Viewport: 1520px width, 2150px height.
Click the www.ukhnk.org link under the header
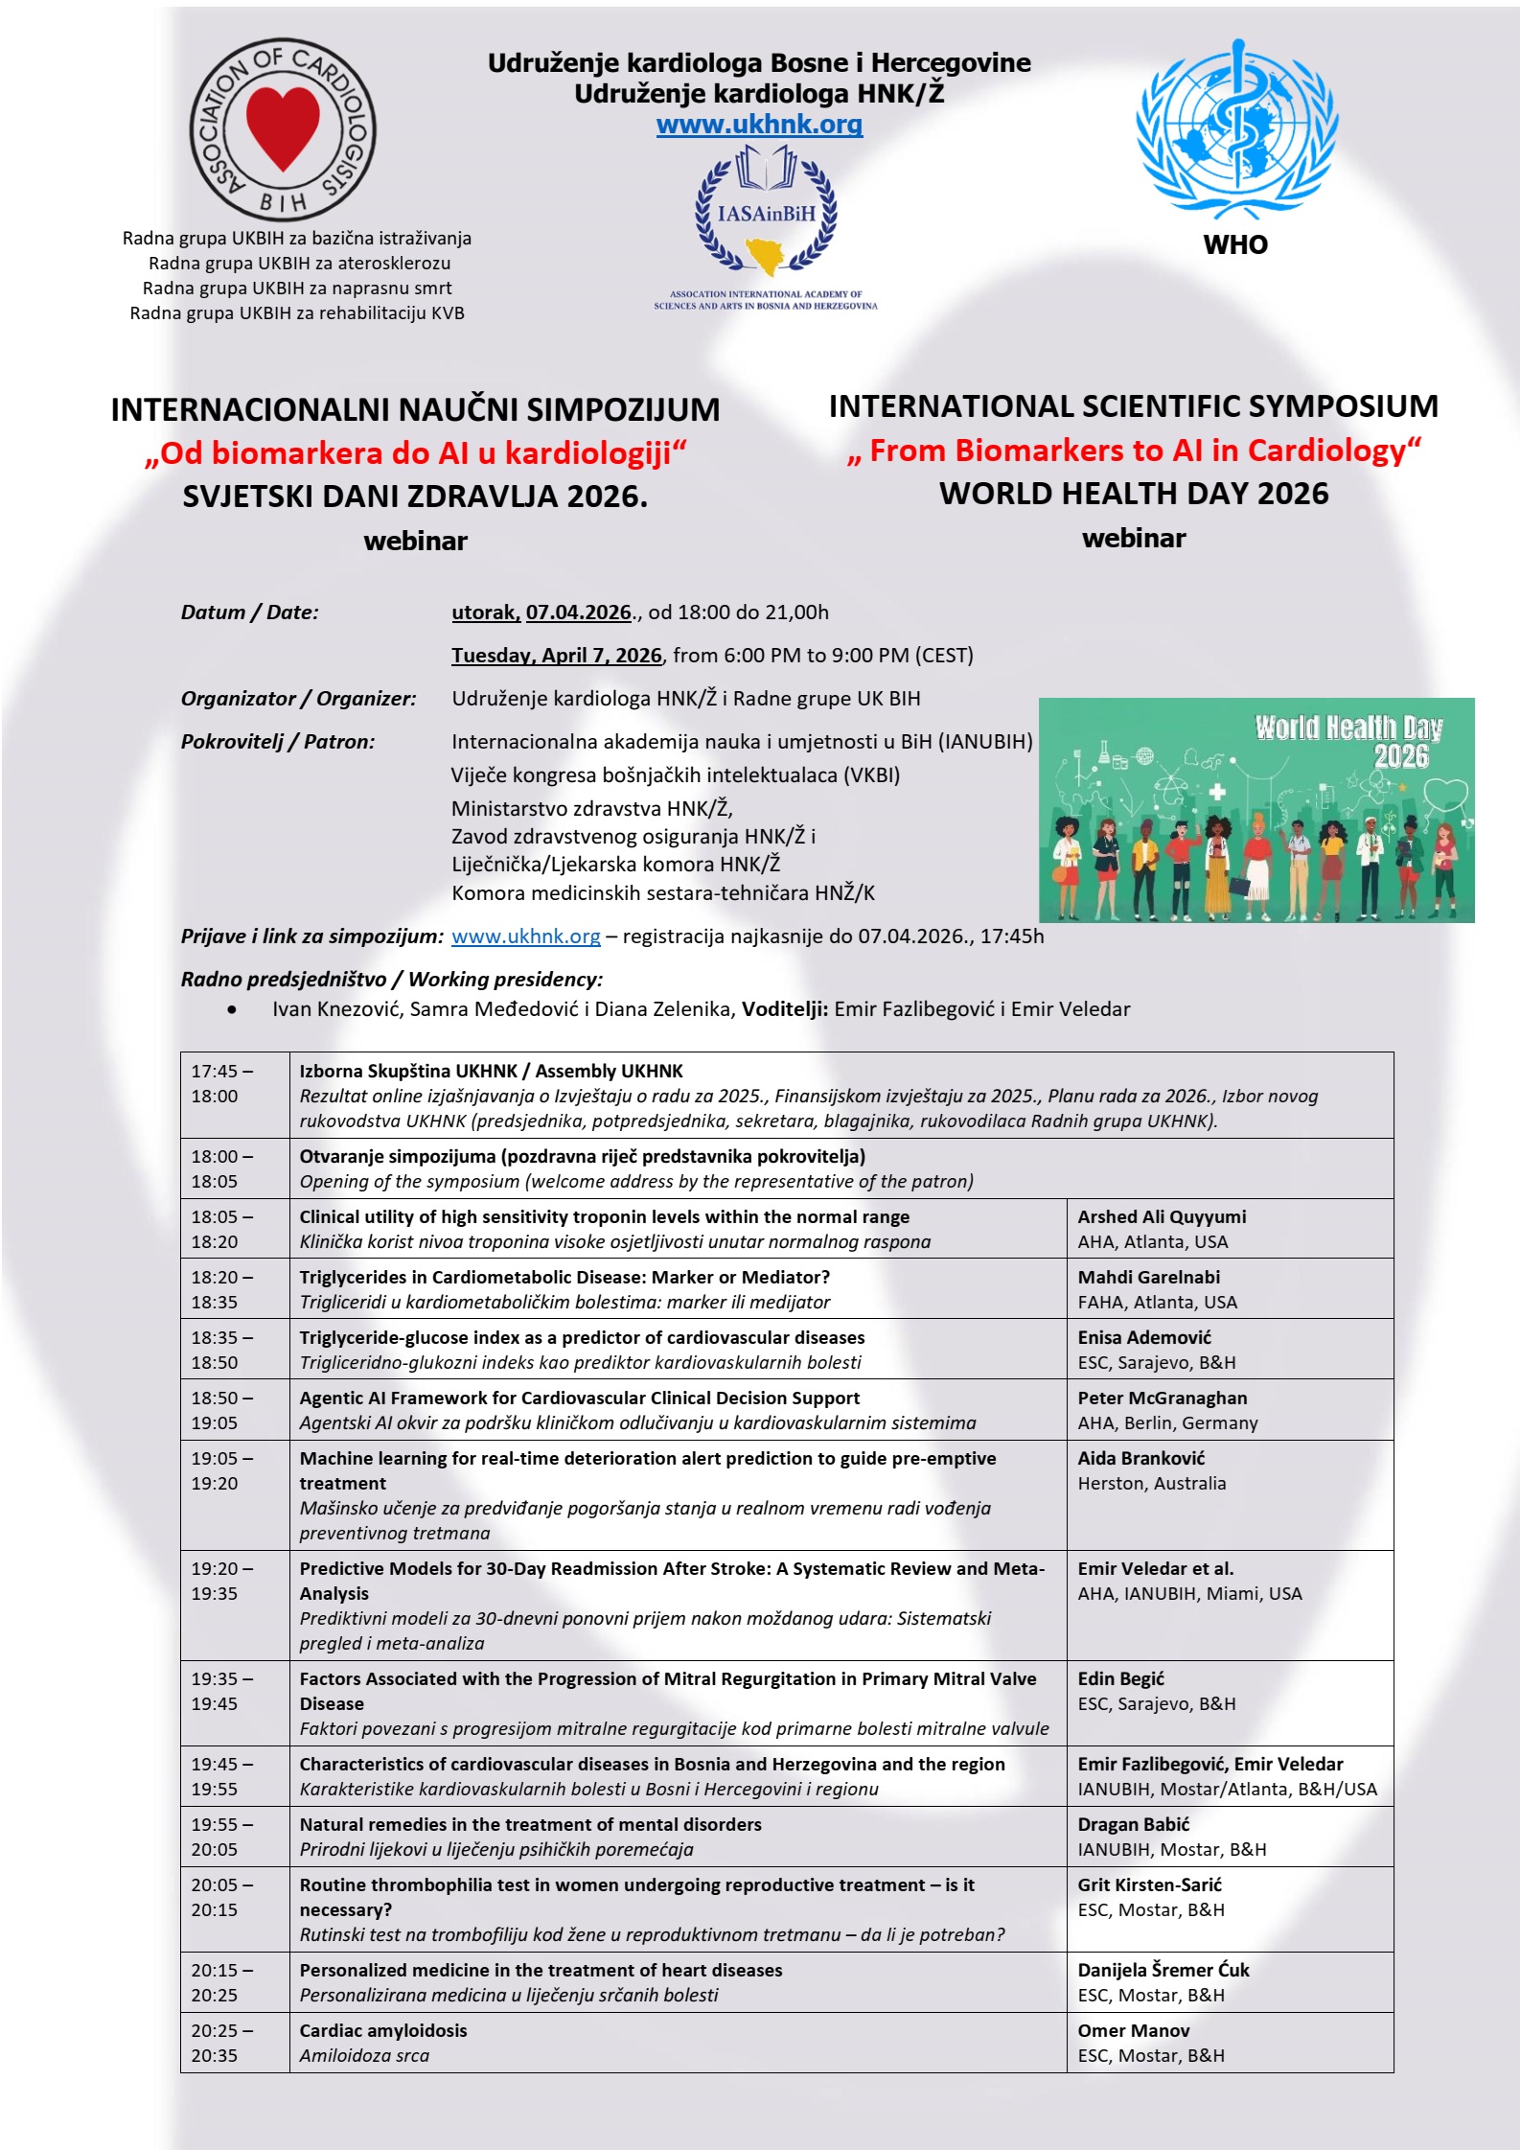click(x=759, y=125)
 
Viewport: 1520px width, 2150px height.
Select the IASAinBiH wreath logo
click(x=765, y=212)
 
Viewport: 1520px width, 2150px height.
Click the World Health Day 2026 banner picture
click(x=1255, y=810)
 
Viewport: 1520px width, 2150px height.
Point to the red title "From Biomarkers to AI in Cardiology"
click(x=1134, y=450)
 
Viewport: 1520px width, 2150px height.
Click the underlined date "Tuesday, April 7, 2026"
click(x=556, y=656)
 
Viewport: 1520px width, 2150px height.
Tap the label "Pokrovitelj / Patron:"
click(x=277, y=742)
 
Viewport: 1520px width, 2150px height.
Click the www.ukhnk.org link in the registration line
click(x=525, y=936)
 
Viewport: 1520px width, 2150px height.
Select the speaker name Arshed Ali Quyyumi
click(x=1162, y=1216)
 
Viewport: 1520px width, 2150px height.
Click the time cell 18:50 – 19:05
click(x=222, y=1410)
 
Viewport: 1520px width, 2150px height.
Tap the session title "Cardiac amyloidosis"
click(x=382, y=2030)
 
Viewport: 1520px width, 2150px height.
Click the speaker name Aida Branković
click(x=1140, y=1458)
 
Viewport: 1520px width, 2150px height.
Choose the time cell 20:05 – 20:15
click(x=222, y=1897)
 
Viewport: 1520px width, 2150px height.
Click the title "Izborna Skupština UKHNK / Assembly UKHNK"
click(x=491, y=1071)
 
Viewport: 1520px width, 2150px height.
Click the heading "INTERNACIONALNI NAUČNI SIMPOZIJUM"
click(x=415, y=410)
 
